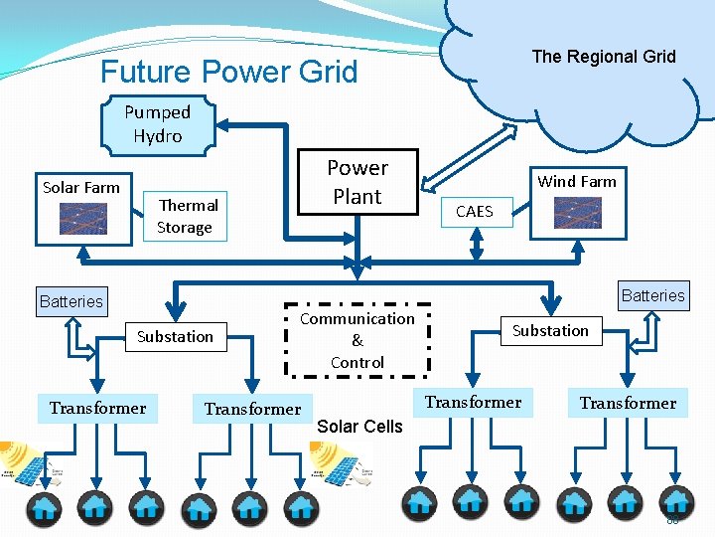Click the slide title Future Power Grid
click(228, 72)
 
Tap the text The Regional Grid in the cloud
click(603, 57)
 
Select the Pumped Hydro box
click(158, 125)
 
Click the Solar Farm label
click(81, 187)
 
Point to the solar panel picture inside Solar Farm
click(83, 218)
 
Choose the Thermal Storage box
click(186, 216)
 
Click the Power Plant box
click(357, 182)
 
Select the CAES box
click(474, 211)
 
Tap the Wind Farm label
click(577, 181)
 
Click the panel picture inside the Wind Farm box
click(577, 213)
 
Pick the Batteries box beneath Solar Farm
click(71, 301)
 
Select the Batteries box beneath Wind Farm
click(652, 295)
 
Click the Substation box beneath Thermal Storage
click(175, 337)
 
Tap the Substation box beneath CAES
click(550, 330)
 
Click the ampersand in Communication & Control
click(357, 340)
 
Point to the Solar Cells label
click(359, 427)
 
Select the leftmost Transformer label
click(97, 409)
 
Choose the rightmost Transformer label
click(628, 403)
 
